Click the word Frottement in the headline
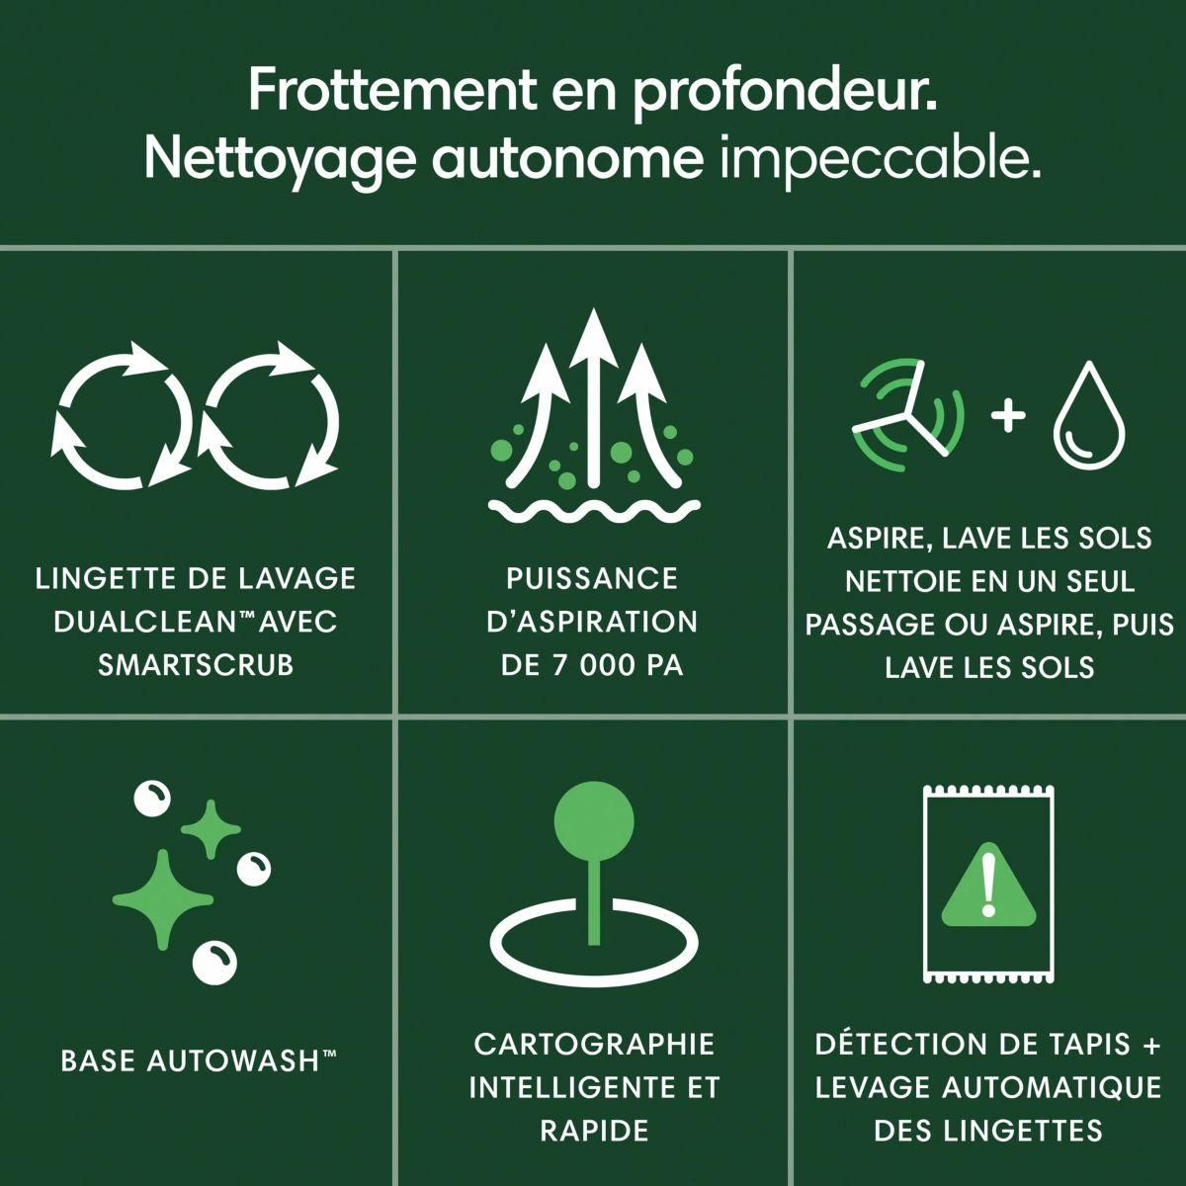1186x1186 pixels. [x=392, y=91]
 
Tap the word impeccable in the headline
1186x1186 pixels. [x=881, y=158]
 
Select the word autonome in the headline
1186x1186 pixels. [x=567, y=159]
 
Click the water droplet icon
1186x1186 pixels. [x=1090, y=415]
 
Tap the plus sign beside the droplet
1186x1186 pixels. [x=1008, y=415]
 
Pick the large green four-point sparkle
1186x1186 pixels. [x=163, y=899]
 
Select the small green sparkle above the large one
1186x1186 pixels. [x=212, y=829]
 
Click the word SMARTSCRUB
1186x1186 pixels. [x=196, y=665]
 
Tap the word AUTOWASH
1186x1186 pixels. [x=233, y=1060]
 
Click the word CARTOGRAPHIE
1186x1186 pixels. [x=594, y=1044]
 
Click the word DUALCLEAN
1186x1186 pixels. [x=144, y=622]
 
